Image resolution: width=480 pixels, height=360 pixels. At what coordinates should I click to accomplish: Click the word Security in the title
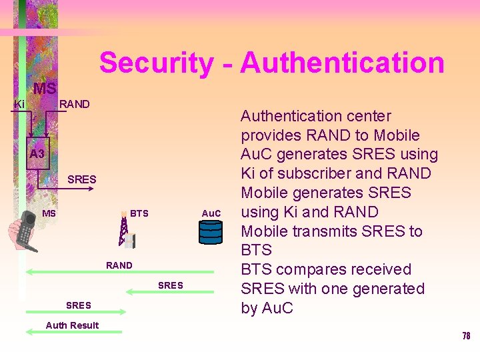pyautogui.click(x=156, y=63)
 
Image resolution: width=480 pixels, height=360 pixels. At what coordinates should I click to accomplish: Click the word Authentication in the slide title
pyautogui.click(x=342, y=63)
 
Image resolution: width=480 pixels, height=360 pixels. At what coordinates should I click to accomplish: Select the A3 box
pyautogui.click(x=37, y=154)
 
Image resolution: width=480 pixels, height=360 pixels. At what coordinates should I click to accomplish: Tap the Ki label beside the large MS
pyautogui.click(x=19, y=105)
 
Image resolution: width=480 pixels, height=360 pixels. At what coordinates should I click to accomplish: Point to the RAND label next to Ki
pyautogui.click(x=74, y=104)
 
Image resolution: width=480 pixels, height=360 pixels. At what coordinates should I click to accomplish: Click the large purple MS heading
pyautogui.click(x=45, y=89)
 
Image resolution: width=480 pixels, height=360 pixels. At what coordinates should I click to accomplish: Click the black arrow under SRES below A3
pyautogui.click(x=73, y=189)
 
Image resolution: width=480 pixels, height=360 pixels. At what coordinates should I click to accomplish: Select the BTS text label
pyautogui.click(x=139, y=213)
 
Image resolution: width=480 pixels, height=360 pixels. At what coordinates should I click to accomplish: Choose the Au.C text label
pyautogui.click(x=211, y=213)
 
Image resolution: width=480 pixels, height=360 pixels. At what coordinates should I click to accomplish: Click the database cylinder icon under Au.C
pyautogui.click(x=211, y=232)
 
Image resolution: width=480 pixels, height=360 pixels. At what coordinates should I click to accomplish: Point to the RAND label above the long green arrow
pyautogui.click(x=119, y=265)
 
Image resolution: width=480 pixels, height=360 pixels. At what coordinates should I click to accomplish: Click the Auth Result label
pyautogui.click(x=72, y=325)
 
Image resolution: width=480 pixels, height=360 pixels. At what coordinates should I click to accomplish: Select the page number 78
pyautogui.click(x=466, y=336)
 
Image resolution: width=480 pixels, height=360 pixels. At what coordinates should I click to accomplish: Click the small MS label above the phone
pyautogui.click(x=49, y=213)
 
